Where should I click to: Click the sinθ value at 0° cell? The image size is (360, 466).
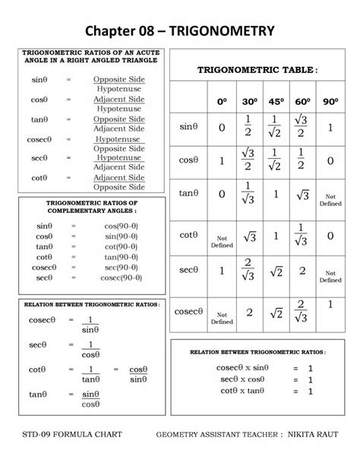222,128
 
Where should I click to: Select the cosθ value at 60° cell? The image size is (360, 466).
302,161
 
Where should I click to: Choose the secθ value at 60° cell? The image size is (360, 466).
302,271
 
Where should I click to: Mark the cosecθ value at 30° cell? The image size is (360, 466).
249,312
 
